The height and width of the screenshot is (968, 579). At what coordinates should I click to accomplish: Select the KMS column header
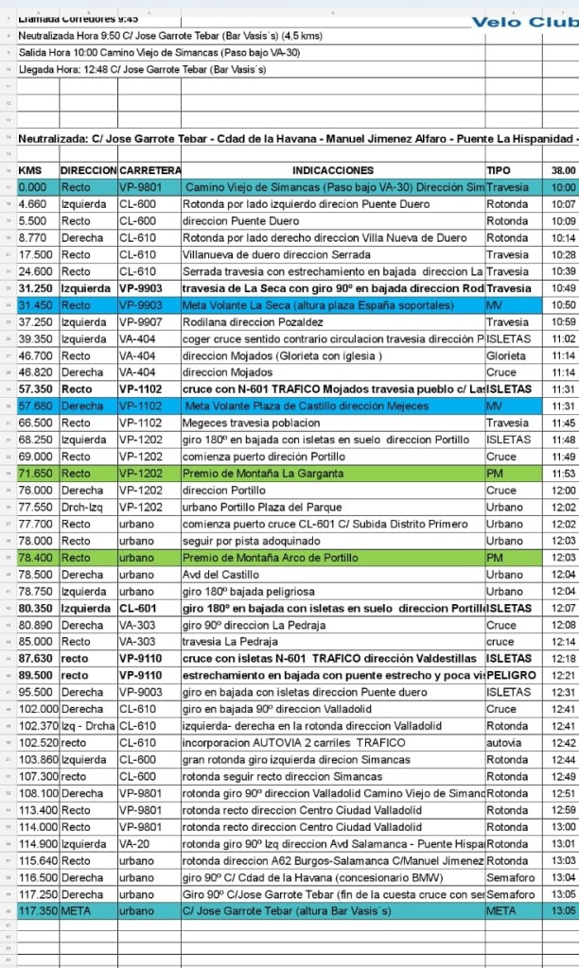30,170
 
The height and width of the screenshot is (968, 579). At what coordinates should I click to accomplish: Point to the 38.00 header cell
563,170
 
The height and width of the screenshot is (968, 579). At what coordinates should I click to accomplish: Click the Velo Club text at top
523,22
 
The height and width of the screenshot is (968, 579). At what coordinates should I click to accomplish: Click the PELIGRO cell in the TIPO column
511,676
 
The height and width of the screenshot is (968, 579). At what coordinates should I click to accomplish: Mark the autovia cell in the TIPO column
504,743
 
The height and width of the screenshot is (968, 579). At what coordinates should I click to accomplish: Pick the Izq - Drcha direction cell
87,726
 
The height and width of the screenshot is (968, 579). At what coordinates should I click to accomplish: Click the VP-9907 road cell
141,322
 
